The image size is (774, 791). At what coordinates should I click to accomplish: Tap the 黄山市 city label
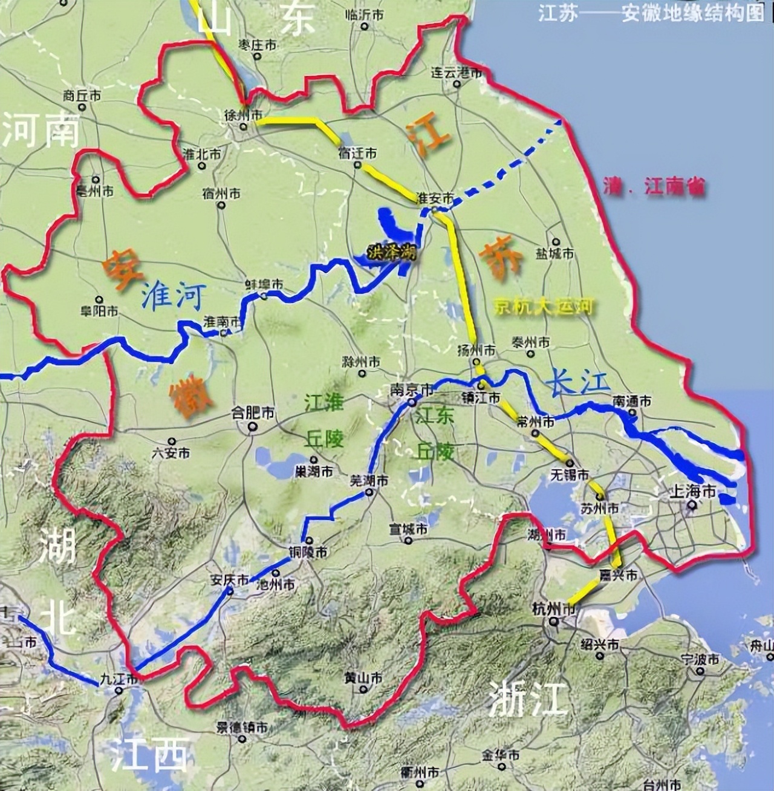tap(362, 678)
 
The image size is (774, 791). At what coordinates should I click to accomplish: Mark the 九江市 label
tap(121, 679)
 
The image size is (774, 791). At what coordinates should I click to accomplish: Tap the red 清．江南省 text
tap(654, 187)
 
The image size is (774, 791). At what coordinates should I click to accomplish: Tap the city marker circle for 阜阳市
tap(99, 299)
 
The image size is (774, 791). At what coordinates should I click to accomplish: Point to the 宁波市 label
tap(699, 659)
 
